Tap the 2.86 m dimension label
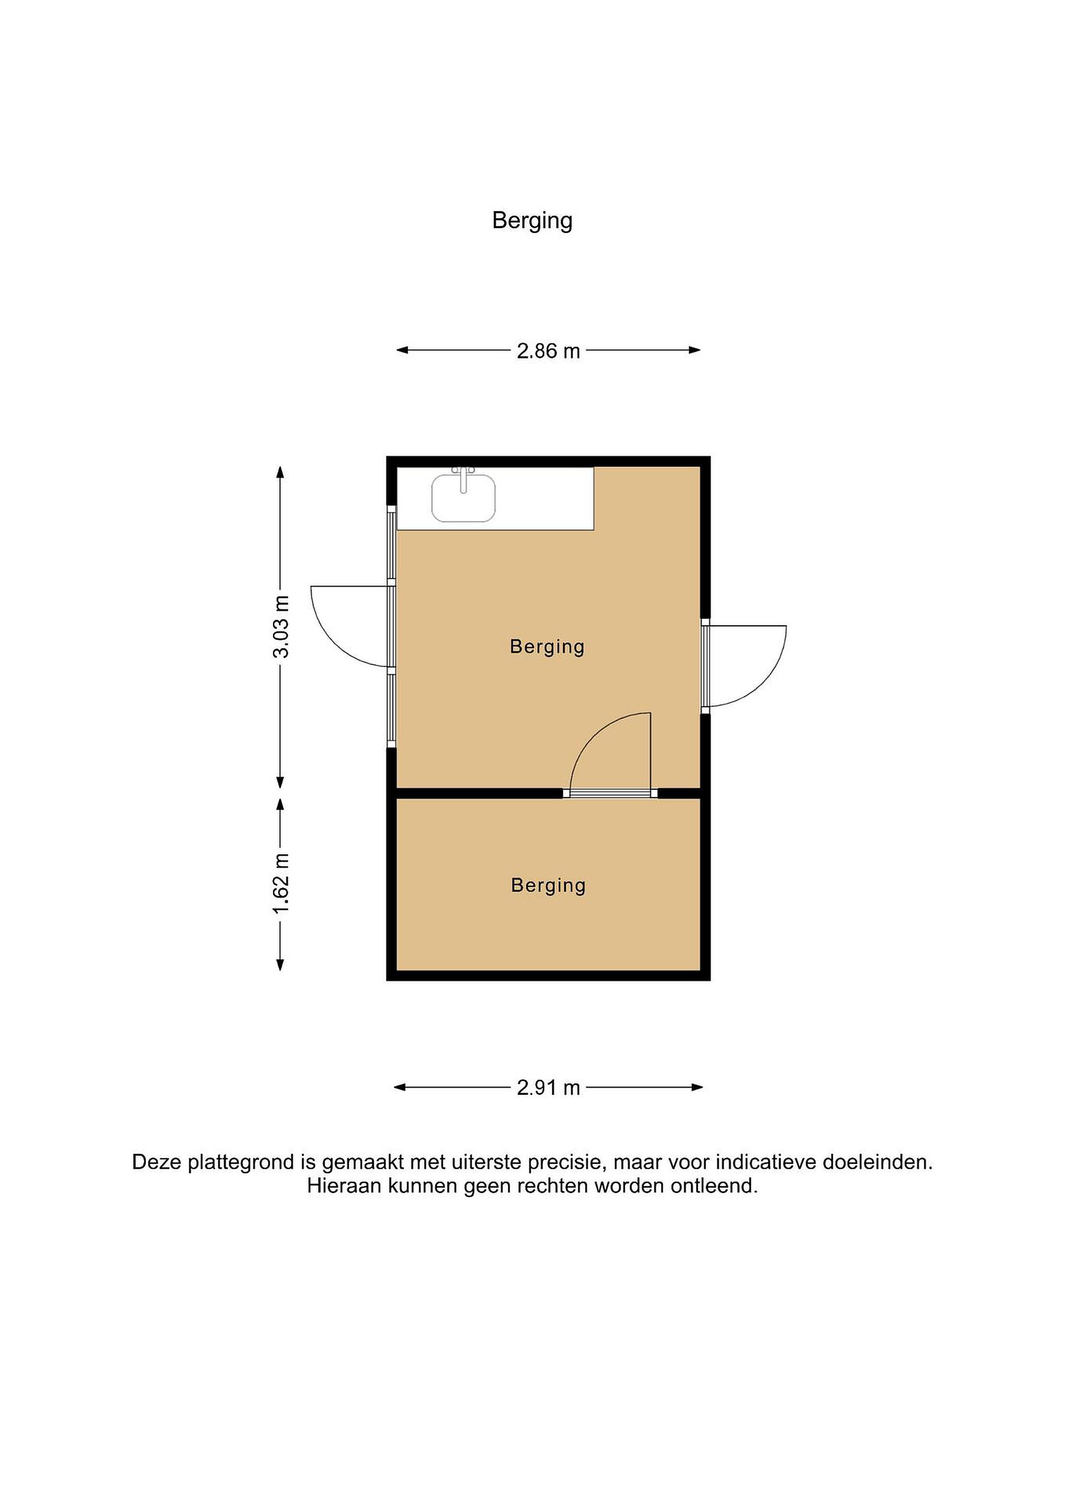pos(548,351)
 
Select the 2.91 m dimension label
pos(548,1088)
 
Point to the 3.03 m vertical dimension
pos(281,626)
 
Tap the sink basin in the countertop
pos(463,498)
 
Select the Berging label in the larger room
pos(547,647)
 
